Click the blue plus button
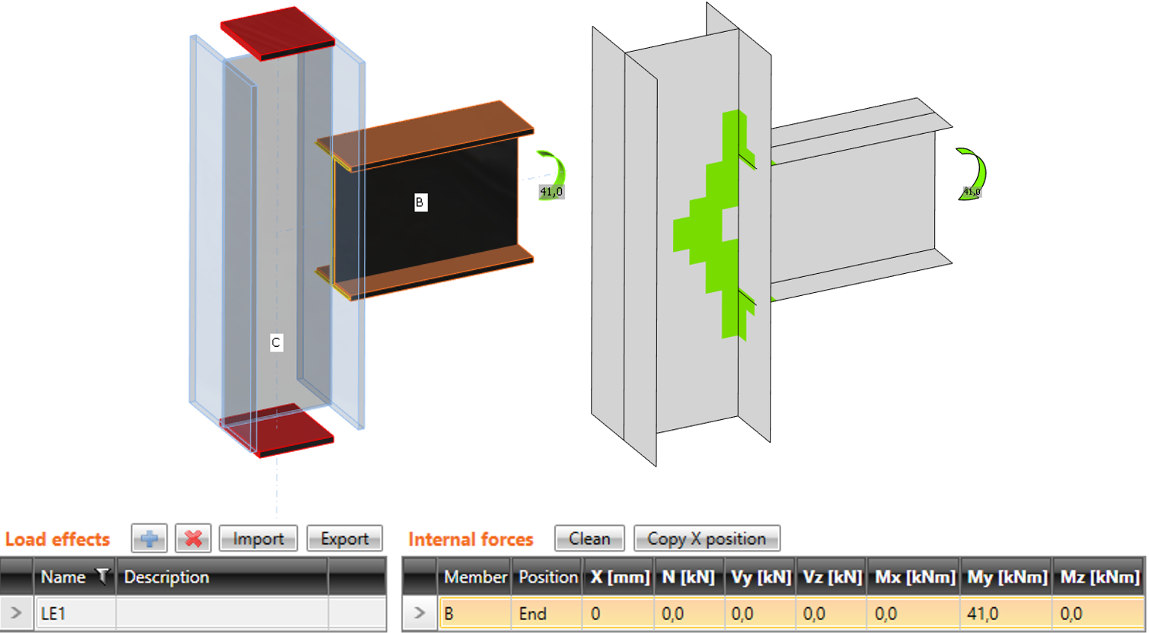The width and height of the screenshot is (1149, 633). click(148, 538)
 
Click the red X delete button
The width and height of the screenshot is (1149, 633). click(193, 538)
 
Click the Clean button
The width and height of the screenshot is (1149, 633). click(589, 538)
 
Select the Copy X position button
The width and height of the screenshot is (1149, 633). click(707, 538)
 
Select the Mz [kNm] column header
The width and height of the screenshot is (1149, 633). click(1100, 577)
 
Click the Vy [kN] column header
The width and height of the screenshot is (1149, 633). click(760, 577)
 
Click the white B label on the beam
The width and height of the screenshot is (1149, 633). click(420, 202)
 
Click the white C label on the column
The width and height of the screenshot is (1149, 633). click(276, 342)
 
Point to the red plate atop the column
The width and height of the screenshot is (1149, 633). click(277, 33)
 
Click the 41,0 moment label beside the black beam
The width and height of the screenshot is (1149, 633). click(551, 192)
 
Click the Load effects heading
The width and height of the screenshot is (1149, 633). click(57, 539)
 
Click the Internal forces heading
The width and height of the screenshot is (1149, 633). click(471, 539)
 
